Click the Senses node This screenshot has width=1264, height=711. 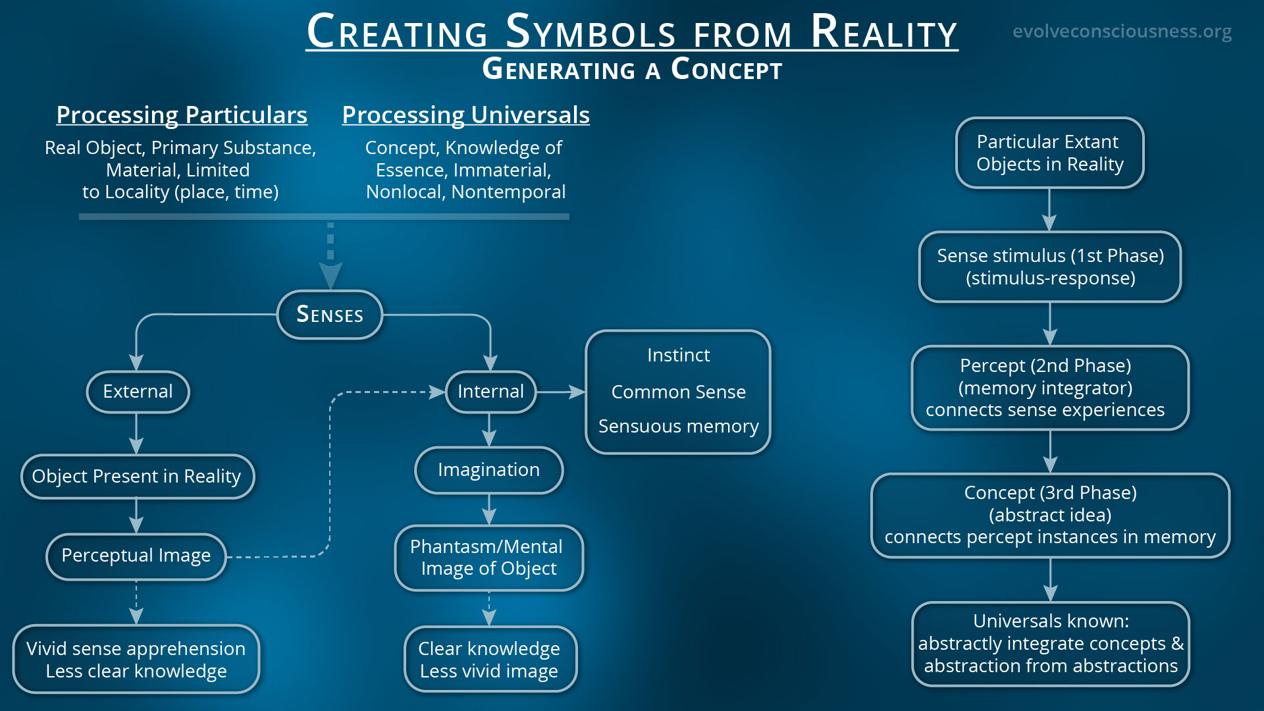click(x=330, y=315)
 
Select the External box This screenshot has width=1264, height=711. click(x=138, y=392)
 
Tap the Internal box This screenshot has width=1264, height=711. click(x=490, y=392)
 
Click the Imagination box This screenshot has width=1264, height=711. click(x=488, y=470)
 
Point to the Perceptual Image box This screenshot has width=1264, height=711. click(x=136, y=556)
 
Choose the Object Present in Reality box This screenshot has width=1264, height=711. click(x=137, y=476)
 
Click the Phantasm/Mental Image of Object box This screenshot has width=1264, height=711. click(x=488, y=558)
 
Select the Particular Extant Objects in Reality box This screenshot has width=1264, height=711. click(x=1049, y=153)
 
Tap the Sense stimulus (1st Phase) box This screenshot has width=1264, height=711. click(x=1050, y=267)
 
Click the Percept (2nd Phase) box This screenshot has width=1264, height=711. click(x=1049, y=388)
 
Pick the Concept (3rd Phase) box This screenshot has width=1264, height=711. click(x=1050, y=515)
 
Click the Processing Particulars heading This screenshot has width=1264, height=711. click(x=182, y=115)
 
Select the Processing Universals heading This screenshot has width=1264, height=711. click(x=465, y=115)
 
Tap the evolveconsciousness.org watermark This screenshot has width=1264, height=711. click(x=1122, y=32)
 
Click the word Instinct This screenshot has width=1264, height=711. click(x=678, y=355)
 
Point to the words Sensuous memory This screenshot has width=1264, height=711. click(x=678, y=427)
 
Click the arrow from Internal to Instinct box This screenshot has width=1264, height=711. click(x=561, y=392)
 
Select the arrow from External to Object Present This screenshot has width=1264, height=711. click(x=136, y=434)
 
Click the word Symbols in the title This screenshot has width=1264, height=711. click(x=591, y=33)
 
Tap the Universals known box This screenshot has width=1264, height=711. click(x=1050, y=644)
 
